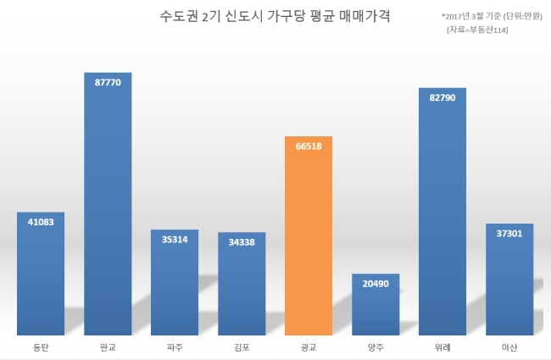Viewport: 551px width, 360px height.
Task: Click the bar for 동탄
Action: pyautogui.click(x=41, y=274)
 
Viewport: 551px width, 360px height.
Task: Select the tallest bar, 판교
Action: pyautogui.click(x=108, y=204)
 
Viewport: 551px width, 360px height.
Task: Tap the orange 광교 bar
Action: pyautogui.click(x=309, y=235)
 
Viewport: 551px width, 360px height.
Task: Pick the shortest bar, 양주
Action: pyautogui.click(x=376, y=304)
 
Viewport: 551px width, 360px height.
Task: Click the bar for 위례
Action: pyautogui.click(x=442, y=212)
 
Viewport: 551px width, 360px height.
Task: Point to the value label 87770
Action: pyautogui.click(x=108, y=82)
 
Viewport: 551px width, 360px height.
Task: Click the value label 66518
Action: pyautogui.click(x=309, y=146)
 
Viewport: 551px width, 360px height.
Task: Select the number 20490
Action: pyautogui.click(x=376, y=284)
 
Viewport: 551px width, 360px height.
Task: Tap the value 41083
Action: pyautogui.click(x=41, y=222)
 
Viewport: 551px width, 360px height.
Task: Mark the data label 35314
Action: pyautogui.click(x=175, y=240)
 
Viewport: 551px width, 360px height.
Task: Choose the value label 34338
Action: pyautogui.click(x=242, y=242)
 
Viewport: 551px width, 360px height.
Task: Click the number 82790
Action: pyautogui.click(x=442, y=97)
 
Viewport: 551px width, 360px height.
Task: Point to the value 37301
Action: pyautogui.click(x=509, y=234)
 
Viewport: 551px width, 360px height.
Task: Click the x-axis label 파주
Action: pyautogui.click(x=175, y=347)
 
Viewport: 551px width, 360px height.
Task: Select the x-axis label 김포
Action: pyautogui.click(x=242, y=347)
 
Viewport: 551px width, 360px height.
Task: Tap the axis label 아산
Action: pyautogui.click(x=509, y=347)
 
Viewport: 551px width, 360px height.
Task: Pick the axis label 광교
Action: pyautogui.click(x=309, y=347)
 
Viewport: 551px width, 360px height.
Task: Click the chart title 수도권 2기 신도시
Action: pyautogui.click(x=212, y=16)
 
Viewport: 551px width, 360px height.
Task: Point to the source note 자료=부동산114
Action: pyautogui.click(x=477, y=30)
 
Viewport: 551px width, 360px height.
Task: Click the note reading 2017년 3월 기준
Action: pyautogui.click(x=471, y=16)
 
